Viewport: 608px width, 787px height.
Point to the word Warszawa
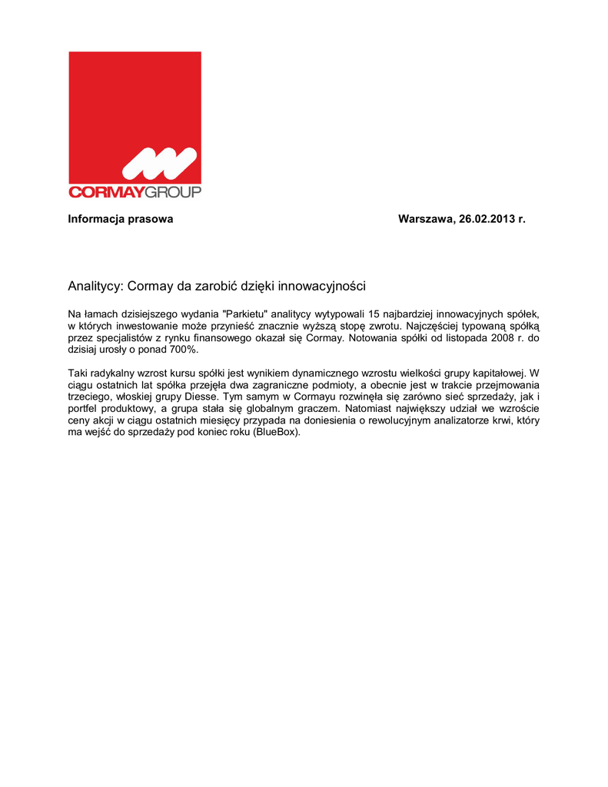click(x=425, y=219)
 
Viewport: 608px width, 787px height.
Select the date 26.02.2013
click(x=487, y=219)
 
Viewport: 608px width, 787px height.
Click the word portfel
click(x=82, y=409)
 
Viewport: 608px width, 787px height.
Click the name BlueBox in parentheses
click(x=276, y=432)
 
